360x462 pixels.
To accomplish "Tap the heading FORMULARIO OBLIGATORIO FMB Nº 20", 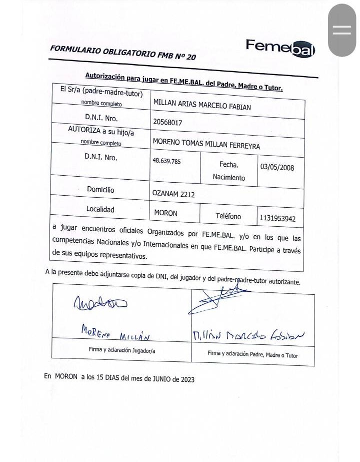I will [x=123, y=53].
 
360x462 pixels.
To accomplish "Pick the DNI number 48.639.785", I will [x=166, y=161].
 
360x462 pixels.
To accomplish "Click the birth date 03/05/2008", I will [x=277, y=167].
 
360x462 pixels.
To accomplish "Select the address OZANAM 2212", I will [x=173, y=194].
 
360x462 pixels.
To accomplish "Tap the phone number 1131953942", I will [x=277, y=218].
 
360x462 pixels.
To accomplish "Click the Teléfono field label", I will [x=228, y=216].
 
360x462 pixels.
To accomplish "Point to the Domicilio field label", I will [x=100, y=190].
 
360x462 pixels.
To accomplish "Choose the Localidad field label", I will [x=100, y=209].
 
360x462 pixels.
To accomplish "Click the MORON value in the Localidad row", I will [x=165, y=213].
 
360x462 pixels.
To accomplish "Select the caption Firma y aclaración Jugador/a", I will [x=122, y=350].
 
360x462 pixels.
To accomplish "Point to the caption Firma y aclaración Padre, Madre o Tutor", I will [x=252, y=354].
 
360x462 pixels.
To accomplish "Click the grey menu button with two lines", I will [x=342, y=30].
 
